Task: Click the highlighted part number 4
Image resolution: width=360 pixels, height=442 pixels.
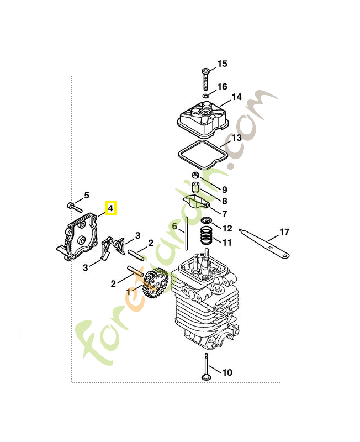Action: (x=110, y=208)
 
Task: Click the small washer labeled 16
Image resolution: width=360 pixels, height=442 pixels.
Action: (x=205, y=96)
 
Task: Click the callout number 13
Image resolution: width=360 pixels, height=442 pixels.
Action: (x=236, y=137)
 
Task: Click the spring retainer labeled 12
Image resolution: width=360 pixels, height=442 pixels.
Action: (x=207, y=222)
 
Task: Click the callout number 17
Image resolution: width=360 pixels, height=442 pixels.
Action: (x=284, y=232)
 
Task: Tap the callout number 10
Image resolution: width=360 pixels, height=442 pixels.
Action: (x=227, y=372)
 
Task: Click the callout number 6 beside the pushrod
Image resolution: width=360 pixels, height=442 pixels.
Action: (x=174, y=226)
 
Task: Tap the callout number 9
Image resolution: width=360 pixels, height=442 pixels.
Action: (x=225, y=190)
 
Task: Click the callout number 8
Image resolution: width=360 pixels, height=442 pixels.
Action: (x=225, y=201)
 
